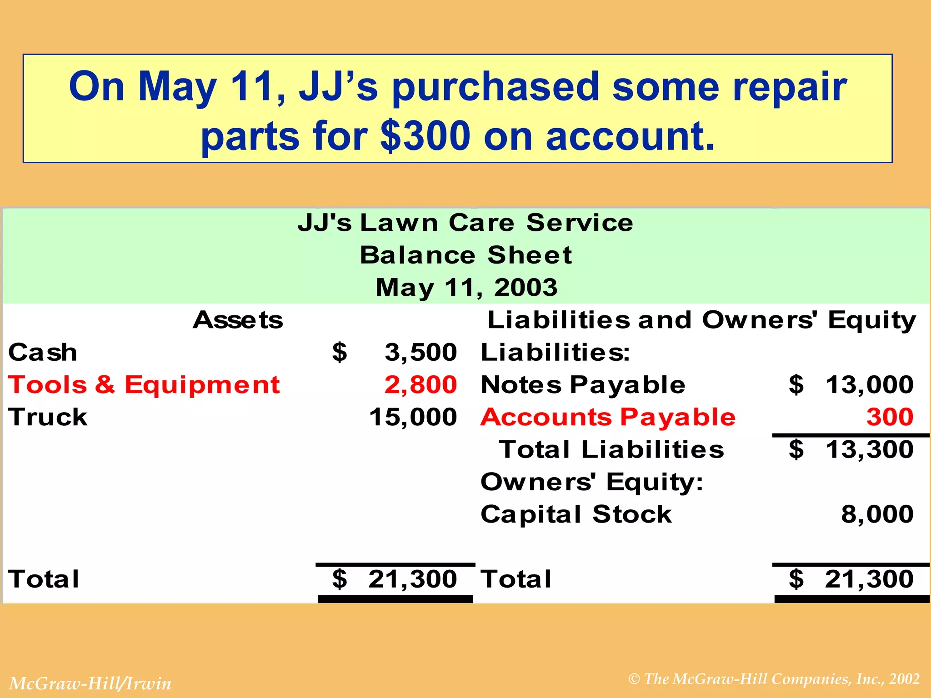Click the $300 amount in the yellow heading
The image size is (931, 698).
pos(425,136)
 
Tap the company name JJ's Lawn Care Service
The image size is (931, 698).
pos(465,223)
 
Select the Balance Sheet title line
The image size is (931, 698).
pos(465,255)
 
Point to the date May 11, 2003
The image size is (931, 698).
pos(466,287)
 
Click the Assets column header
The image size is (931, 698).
pos(238,320)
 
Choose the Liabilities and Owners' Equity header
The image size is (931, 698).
pos(701,320)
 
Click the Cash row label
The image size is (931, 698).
pos(43,353)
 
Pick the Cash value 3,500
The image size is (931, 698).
pos(420,353)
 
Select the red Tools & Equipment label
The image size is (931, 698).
pos(144,385)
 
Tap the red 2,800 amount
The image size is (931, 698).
pos(420,385)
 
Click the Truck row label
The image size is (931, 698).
pos(48,417)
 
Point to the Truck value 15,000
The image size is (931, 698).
pos(413,417)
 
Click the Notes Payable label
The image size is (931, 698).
pos(583,385)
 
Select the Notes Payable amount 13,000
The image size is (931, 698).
pos(869,385)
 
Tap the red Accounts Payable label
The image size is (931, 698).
pos(608,417)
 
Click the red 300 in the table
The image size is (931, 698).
pos(890,417)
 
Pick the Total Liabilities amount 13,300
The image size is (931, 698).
pos(869,449)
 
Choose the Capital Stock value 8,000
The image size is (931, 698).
pos(877,514)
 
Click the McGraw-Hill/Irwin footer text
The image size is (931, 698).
pos(90,683)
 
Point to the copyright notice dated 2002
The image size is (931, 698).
pos(774,679)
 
